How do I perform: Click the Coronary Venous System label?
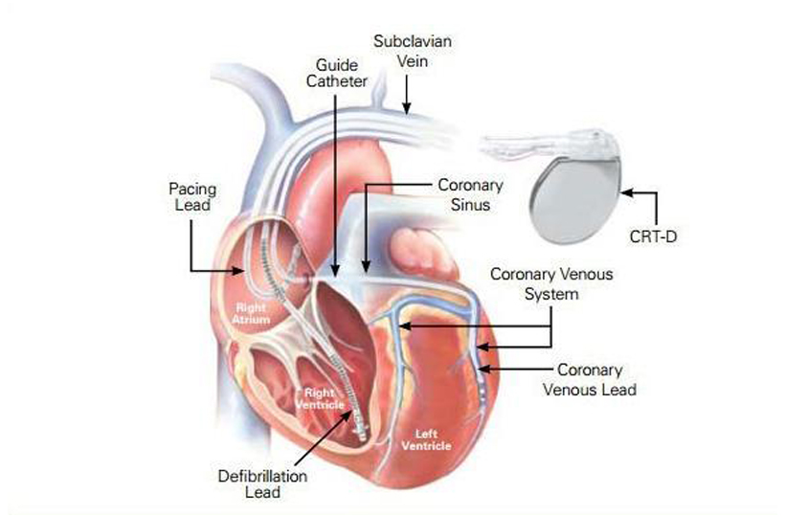551,284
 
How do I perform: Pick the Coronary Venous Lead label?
589,379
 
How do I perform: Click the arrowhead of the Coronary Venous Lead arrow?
482,370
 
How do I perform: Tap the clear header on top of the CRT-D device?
546,145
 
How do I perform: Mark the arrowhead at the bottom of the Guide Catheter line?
335,275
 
